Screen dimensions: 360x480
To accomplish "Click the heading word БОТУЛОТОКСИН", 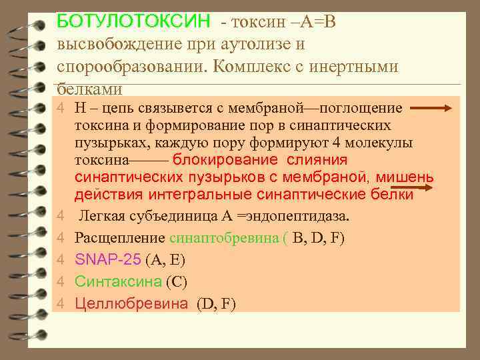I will [133, 22].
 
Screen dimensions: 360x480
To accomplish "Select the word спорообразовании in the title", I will [127, 67].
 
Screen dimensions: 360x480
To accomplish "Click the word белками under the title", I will [90, 88].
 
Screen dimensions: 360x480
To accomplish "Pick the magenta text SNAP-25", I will [104, 259].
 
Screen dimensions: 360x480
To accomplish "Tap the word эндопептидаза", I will [304, 216].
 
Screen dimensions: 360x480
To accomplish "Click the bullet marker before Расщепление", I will [60, 238].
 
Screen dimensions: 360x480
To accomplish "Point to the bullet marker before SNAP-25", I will [60, 260].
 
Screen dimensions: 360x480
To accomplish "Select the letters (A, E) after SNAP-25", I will [161, 259].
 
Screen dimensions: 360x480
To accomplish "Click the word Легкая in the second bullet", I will [101, 216].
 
